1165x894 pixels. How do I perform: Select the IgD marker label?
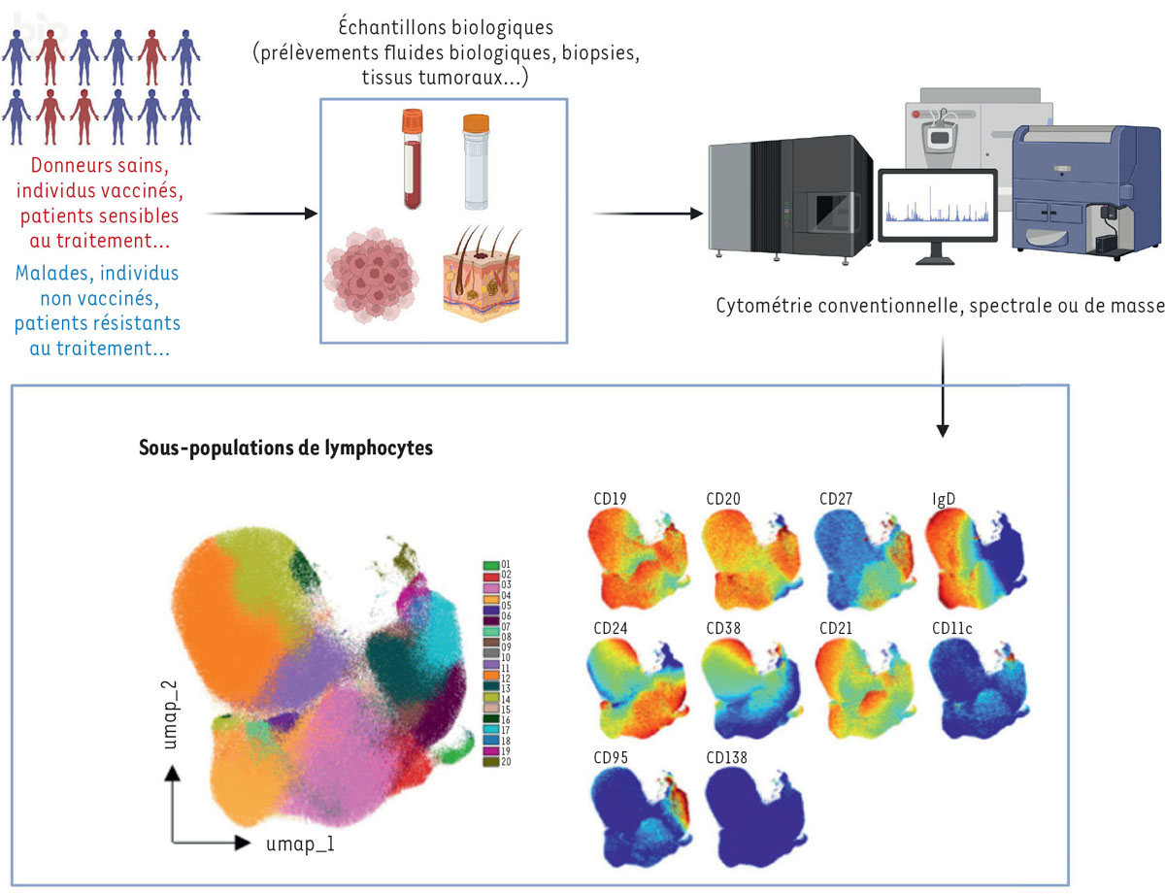[x=939, y=500]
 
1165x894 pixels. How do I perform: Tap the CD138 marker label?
[x=725, y=753]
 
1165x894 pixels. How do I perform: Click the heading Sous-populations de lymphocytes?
[x=286, y=449]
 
